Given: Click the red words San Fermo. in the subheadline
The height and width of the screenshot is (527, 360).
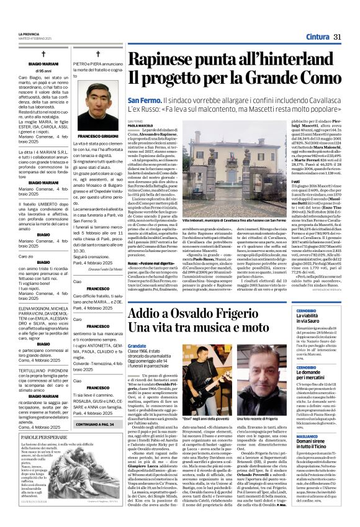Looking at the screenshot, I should coord(144,101).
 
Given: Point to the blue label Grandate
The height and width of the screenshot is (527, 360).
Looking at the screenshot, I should coord(137,345).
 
